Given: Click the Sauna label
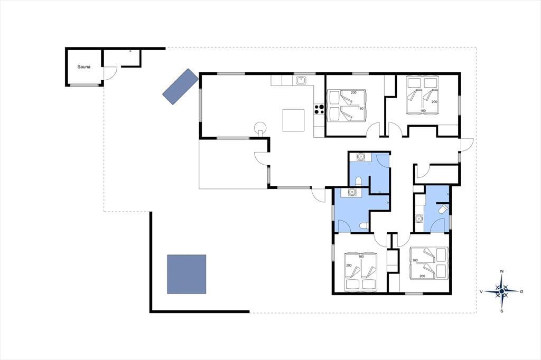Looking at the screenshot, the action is (x=84, y=67).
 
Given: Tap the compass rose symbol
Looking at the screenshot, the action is (x=502, y=291).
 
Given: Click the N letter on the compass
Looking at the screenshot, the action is (x=502, y=271).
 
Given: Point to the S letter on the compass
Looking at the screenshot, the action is (x=502, y=311).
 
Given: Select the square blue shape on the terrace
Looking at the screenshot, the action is (x=186, y=274).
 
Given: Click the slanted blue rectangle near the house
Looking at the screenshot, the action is (x=181, y=86).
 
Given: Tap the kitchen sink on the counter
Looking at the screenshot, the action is (x=302, y=80).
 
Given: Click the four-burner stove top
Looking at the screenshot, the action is (x=319, y=109).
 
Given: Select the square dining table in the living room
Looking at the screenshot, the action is (x=293, y=120).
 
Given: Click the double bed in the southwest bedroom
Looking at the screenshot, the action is (x=360, y=272).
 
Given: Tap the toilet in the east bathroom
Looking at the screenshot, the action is (x=443, y=209).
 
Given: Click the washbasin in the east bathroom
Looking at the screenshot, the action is (x=419, y=218).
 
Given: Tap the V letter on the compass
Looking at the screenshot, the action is (x=481, y=292).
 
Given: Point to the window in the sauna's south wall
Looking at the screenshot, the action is (x=84, y=85).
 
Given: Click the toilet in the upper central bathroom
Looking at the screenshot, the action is (x=359, y=181).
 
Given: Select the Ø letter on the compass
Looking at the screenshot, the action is (x=521, y=292).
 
